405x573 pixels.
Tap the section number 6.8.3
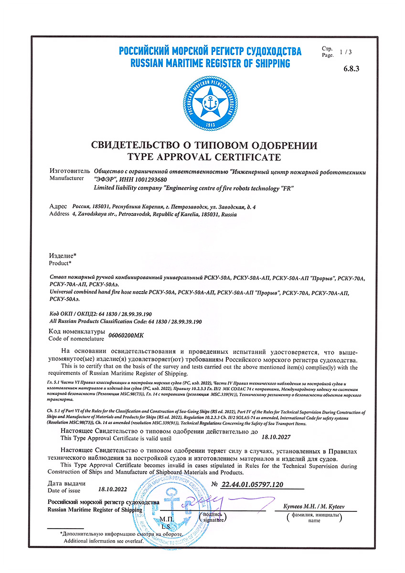351,69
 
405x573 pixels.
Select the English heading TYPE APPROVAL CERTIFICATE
204,157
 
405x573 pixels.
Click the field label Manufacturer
69,178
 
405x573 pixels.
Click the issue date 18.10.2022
114,489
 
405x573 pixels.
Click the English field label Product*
61,263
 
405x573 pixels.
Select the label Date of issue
65,490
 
